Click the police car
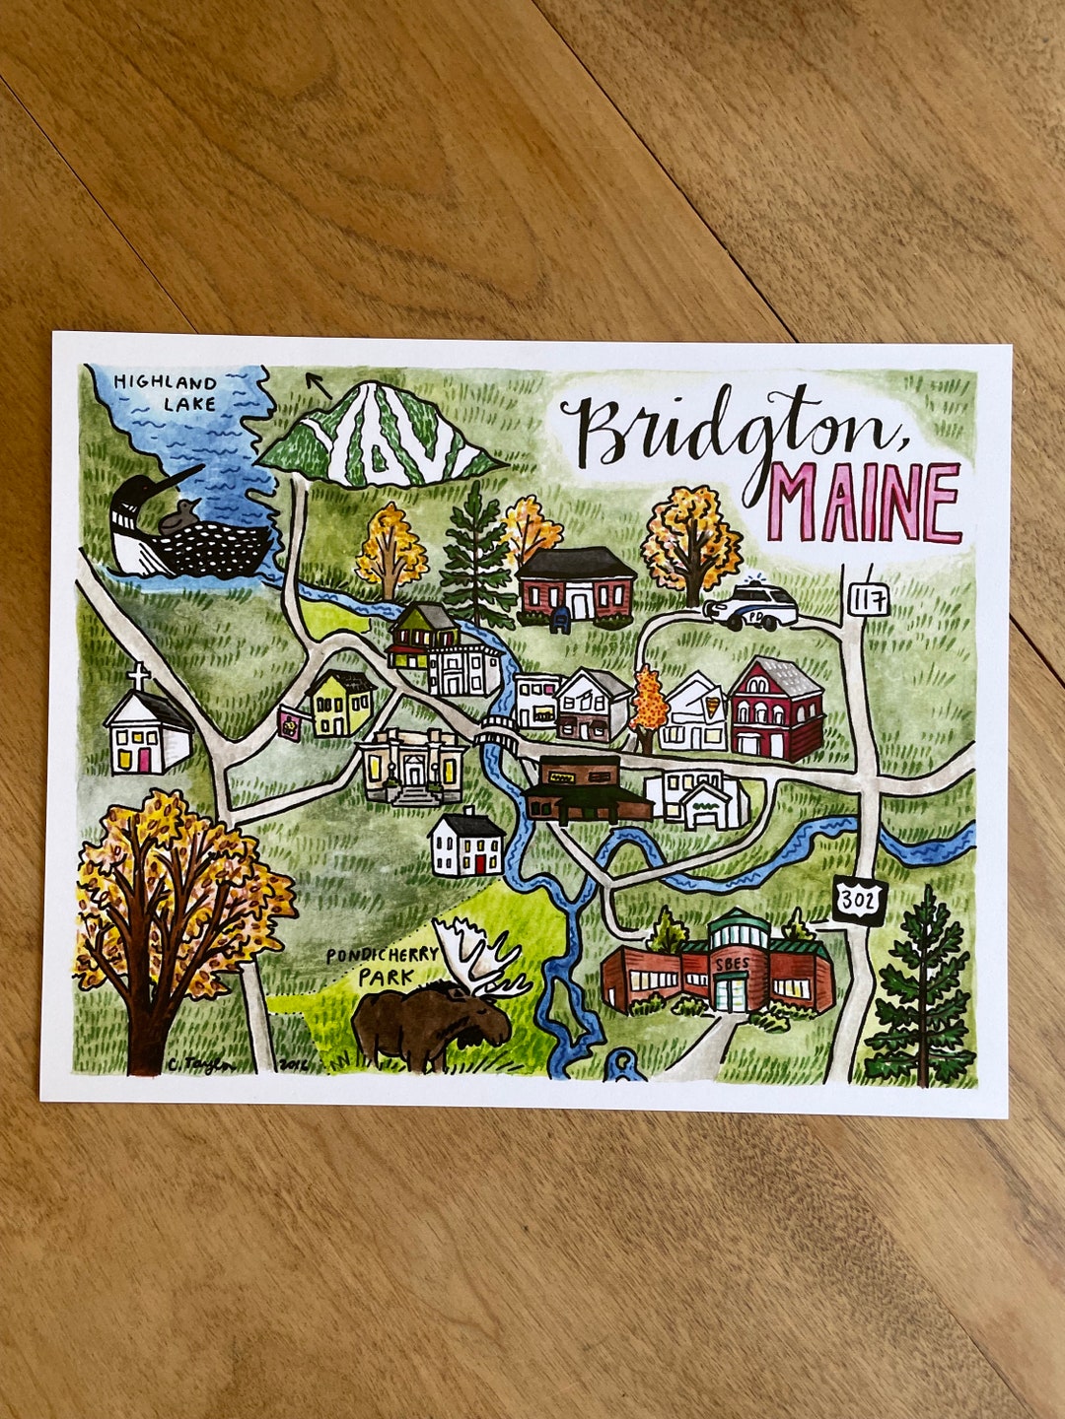(x=752, y=606)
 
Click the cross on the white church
(x=139, y=677)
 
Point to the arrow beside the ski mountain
(x=318, y=382)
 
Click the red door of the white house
(x=479, y=864)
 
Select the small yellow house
(x=341, y=704)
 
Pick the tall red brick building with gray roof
(x=777, y=709)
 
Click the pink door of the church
(x=145, y=760)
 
